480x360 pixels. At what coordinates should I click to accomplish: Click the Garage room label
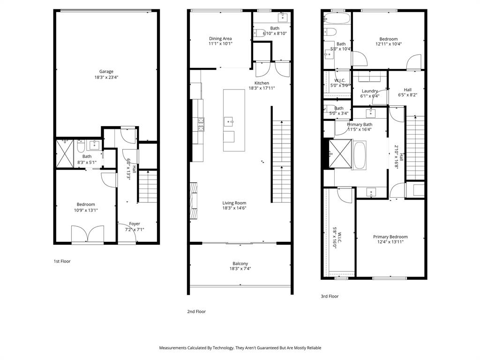point(106,72)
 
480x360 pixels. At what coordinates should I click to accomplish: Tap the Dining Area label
point(220,38)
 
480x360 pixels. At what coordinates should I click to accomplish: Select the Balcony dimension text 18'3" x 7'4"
point(240,269)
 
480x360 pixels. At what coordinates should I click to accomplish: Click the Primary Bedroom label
point(390,237)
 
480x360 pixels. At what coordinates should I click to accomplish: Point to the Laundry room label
point(369,91)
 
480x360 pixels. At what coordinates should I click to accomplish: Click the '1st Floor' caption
point(62,261)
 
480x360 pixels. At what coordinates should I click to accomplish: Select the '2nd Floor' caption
point(196,311)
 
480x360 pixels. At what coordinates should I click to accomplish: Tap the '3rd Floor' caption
point(329,296)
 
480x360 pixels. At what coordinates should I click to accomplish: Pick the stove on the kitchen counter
point(201,124)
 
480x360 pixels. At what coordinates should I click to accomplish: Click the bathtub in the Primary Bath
point(360,155)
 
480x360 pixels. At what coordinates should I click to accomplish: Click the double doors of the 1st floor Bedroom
point(87,234)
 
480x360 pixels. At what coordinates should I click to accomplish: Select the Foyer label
point(135,224)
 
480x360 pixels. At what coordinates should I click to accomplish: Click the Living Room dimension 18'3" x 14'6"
point(234,208)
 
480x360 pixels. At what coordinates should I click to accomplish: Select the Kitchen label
point(262,83)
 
